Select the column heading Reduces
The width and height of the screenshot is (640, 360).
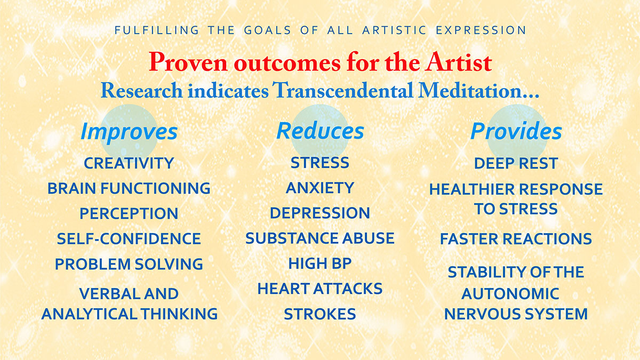[321, 131]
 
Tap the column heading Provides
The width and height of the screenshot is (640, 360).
[516, 131]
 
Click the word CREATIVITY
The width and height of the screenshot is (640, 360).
[129, 163]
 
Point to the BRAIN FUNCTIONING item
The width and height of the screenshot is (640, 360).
[129, 188]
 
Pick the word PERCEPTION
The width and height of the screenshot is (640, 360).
[129, 213]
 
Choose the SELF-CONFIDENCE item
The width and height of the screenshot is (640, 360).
[129, 238]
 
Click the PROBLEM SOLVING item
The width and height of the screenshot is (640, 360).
[129, 263]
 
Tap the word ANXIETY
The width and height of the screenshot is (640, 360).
[320, 188]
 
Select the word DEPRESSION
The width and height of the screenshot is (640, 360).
[320, 213]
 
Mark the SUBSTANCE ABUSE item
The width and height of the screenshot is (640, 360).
[320, 238]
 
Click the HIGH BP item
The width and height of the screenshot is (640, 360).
[320, 263]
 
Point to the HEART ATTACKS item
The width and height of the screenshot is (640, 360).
[320, 289]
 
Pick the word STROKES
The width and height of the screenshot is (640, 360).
[320, 314]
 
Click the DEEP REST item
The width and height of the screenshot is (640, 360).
[516, 163]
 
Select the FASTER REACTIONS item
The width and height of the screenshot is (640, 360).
[516, 238]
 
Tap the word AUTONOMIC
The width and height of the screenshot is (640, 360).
[510, 293]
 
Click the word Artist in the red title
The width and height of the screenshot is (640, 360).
[458, 62]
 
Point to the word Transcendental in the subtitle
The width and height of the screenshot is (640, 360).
[342, 90]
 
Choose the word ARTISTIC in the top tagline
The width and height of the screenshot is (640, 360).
[394, 30]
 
